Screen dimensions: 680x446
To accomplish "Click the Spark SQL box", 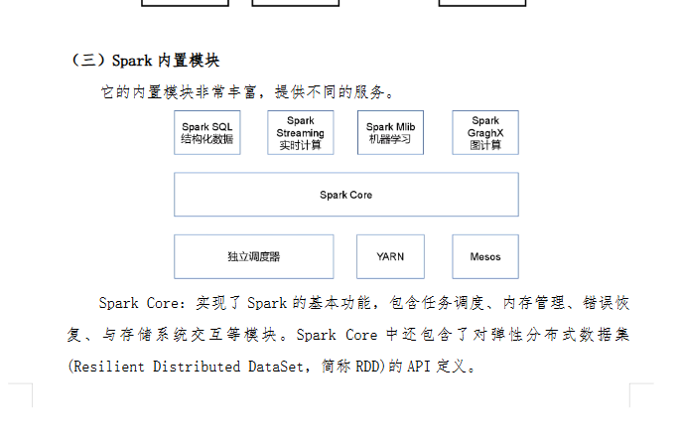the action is coord(207,132).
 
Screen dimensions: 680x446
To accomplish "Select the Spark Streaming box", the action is coord(300,132).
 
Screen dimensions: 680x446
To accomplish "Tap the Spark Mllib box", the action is coord(390,132).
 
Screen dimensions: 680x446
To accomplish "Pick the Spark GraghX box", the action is coord(485,132).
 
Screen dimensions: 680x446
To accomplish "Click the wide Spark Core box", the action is coord(345,195).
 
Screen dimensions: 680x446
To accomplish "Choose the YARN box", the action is coord(390,256).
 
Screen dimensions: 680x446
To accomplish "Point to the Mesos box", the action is coord(485,256).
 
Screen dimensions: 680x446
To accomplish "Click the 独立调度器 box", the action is coord(253,256).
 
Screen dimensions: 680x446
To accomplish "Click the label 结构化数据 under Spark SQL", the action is coord(207,139).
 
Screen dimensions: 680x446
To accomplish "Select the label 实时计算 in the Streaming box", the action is coord(300,145).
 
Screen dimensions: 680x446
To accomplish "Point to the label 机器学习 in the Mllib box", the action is coord(390,139).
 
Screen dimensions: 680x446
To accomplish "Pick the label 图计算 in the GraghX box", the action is coord(485,145).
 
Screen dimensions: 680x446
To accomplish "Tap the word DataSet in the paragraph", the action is coord(274,367).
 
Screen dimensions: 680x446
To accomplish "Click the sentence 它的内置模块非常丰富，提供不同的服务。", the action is coord(248,92).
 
